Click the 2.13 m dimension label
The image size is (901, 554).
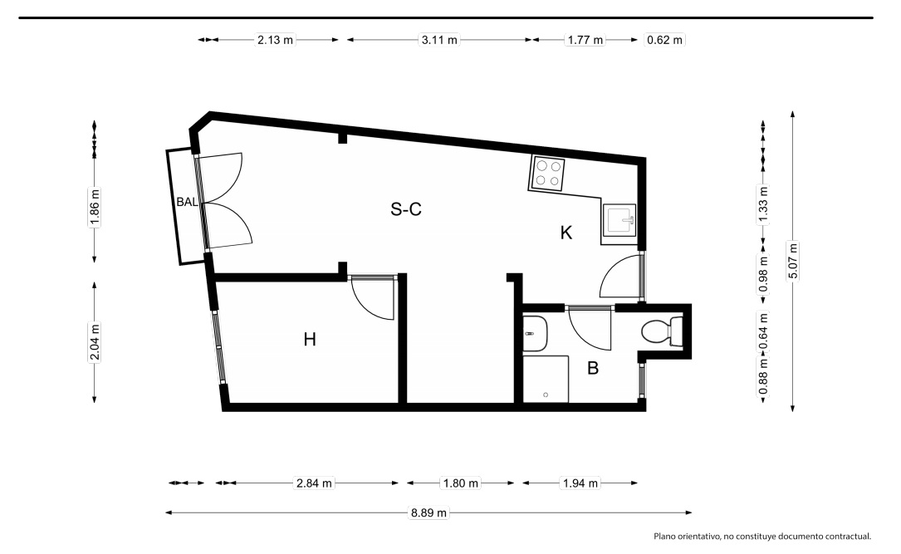point(275,40)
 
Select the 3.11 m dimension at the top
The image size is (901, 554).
point(439,40)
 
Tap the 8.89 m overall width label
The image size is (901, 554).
point(428,512)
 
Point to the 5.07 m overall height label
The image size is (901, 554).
point(793,262)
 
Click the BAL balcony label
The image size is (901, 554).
point(187,202)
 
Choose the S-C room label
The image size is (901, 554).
point(406,209)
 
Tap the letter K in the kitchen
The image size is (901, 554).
point(566,233)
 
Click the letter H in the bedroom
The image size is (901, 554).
point(310,340)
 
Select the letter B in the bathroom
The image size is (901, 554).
point(592,368)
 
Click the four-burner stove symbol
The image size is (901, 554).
point(547,174)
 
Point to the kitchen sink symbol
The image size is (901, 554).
point(619,220)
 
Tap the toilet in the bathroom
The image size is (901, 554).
point(661,332)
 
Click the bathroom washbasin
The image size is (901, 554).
point(535,333)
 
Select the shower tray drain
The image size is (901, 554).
point(546,395)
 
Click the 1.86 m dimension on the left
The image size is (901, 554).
point(95,208)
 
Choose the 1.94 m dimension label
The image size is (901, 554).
point(580,483)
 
